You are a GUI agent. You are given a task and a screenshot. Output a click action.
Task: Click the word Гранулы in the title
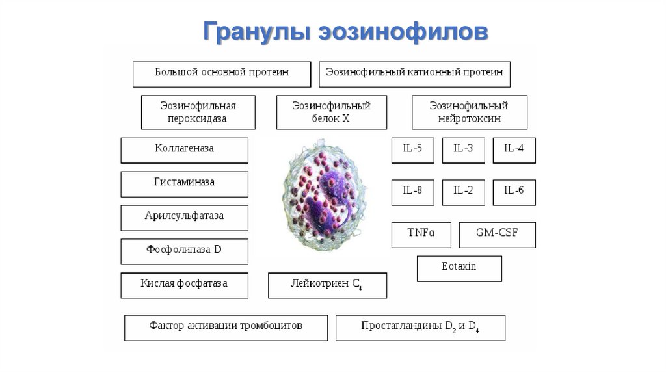pos(256,31)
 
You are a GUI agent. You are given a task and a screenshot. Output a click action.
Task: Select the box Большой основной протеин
pos(222,74)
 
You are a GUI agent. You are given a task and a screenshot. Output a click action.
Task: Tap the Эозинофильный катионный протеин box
pos(414,74)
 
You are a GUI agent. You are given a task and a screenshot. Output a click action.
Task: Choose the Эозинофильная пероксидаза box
pos(198,112)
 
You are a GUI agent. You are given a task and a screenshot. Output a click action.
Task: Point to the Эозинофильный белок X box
pos(332,112)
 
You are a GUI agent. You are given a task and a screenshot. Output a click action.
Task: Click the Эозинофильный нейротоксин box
pos(470,112)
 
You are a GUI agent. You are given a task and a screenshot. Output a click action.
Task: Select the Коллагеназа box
pos(184,150)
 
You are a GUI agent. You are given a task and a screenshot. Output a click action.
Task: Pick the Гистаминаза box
pos(184,184)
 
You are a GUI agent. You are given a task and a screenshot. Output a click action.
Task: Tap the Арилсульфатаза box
pos(184,218)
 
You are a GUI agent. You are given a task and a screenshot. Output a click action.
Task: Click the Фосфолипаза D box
pos(184,251)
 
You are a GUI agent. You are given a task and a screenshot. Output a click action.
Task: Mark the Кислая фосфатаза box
pos(184,285)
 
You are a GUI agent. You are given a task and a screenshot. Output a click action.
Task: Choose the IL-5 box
pos(413,150)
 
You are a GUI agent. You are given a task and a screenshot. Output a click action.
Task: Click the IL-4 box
pos(514,150)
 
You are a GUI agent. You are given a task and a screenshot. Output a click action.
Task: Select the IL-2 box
pos(463,192)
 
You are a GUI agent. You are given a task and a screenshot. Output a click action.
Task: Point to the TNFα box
pos(421,235)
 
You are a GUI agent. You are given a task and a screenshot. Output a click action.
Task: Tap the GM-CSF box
pos(498,235)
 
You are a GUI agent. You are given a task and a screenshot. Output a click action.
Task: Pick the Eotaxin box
pos(459,268)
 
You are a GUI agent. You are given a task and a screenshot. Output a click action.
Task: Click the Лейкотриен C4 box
pos(328,285)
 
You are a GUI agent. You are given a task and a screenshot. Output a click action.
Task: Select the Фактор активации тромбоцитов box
pos(226,328)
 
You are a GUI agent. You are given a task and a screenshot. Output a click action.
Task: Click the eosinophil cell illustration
pos(325,196)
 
